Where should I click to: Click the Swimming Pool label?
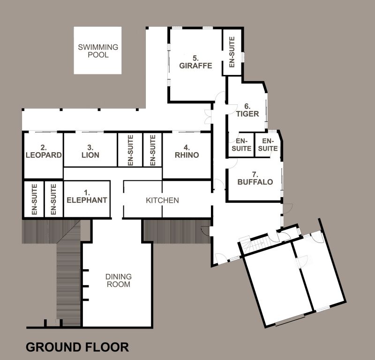click(98, 51)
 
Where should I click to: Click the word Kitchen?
click(162, 200)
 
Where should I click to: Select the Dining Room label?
click(119, 280)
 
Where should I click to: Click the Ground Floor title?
click(77, 347)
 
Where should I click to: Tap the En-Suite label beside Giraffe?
click(232, 52)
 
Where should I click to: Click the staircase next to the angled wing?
click(252, 244)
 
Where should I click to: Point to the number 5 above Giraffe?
click(195, 58)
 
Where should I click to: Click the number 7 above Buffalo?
click(255, 175)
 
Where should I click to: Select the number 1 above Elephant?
click(87, 192)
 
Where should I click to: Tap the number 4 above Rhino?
click(187, 147)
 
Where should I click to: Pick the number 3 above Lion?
click(90, 147)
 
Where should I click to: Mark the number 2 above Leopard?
click(44, 147)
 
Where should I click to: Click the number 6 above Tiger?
click(247, 106)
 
